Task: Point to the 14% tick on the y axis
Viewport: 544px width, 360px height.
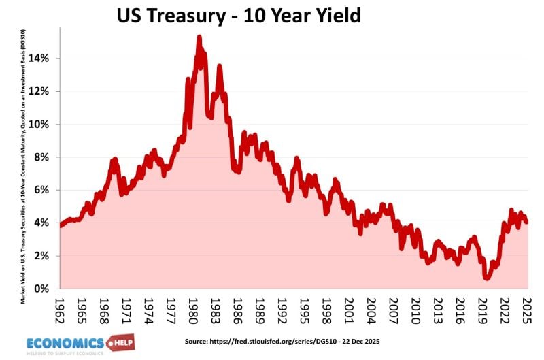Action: tap(40, 59)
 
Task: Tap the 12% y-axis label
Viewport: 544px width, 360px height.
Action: tap(40, 91)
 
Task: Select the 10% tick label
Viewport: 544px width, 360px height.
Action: tap(40, 125)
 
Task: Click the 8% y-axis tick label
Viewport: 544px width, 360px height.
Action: tap(43, 157)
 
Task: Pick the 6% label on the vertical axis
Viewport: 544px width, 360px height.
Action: tap(43, 191)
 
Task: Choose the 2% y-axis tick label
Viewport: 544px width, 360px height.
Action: tap(43, 256)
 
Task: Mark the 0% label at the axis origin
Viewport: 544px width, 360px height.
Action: tap(43, 289)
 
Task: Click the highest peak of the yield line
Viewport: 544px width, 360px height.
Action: tap(199, 37)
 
